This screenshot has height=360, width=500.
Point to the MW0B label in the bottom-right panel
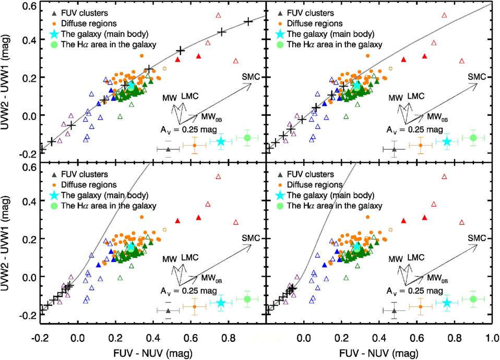click(437, 278)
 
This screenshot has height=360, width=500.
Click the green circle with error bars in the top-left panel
click(247, 137)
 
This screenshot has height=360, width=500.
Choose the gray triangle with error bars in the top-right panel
click(394, 150)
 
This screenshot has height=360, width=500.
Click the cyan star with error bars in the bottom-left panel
click(221, 303)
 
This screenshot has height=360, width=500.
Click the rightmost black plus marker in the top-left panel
click(248, 21)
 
